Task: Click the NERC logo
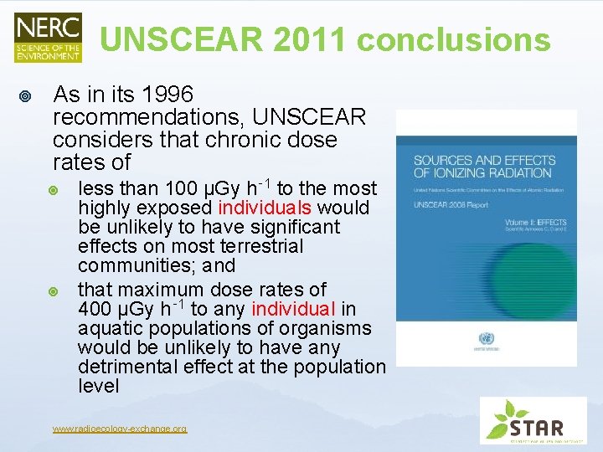pos(48,37)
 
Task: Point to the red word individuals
pos(271,208)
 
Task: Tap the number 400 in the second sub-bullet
pos(95,310)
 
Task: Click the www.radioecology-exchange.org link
pos(119,429)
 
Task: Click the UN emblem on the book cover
pos(487,339)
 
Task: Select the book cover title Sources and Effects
pos(484,166)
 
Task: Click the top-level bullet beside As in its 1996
pos(25,97)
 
